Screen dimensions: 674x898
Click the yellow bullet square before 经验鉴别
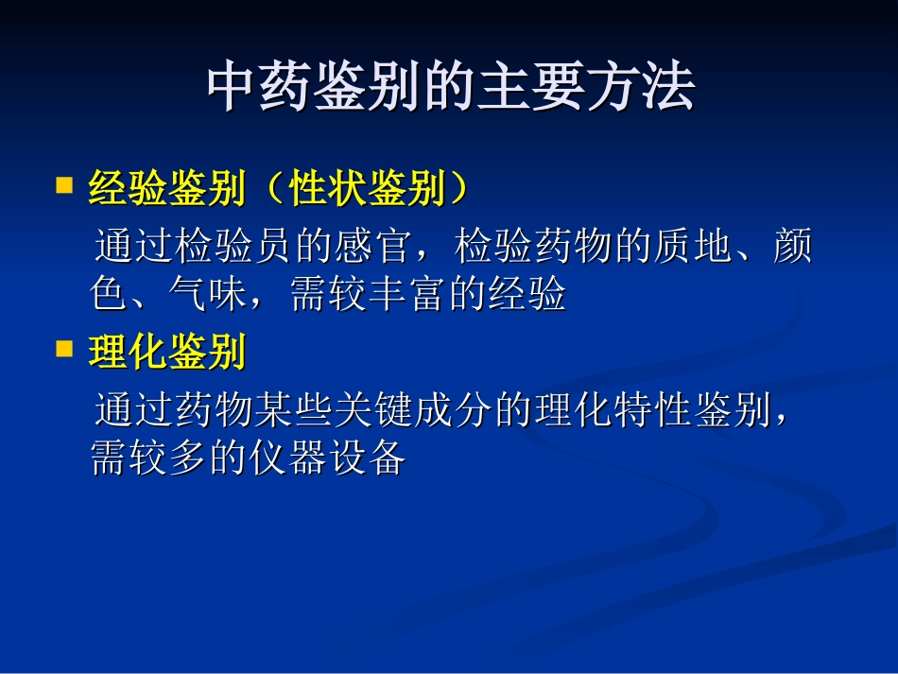pos(64,184)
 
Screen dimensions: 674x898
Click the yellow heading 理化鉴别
pos(167,354)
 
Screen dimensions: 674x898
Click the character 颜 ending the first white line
pos(792,247)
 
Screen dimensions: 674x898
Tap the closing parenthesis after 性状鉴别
pos(458,190)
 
